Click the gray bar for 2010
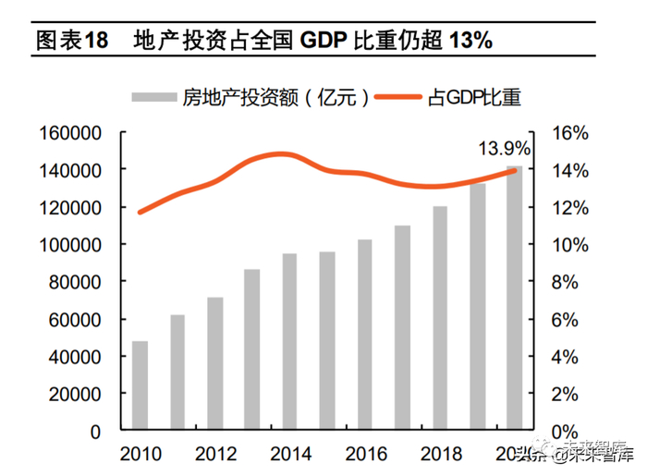[140, 386]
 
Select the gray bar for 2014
[289, 342]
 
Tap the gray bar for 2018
[440, 318]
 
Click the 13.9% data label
[504, 148]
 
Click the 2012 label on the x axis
[214, 454]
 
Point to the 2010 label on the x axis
[140, 454]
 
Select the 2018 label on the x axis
[440, 454]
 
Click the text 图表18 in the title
[72, 41]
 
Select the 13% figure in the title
[470, 41]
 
